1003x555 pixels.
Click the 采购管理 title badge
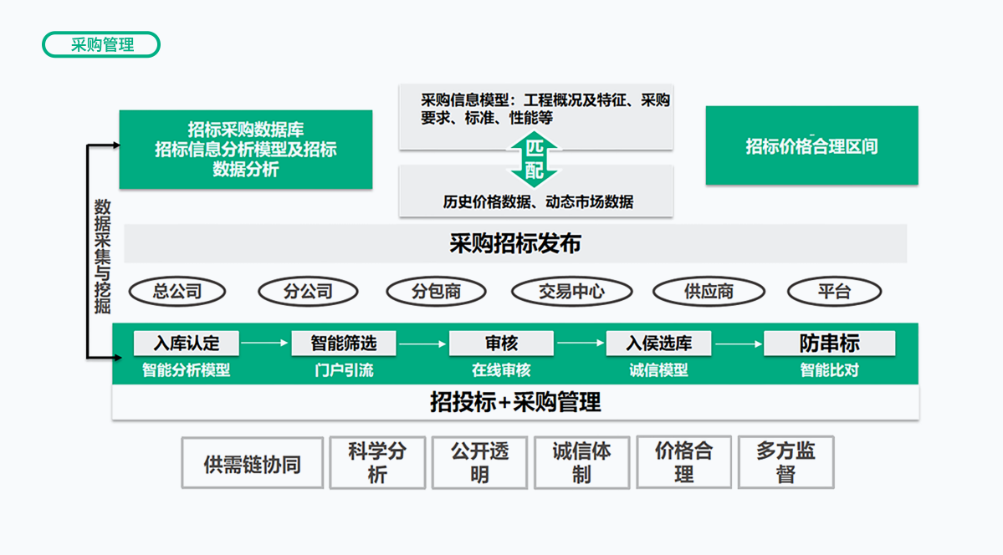[x=101, y=45]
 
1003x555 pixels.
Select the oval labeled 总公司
[x=177, y=292]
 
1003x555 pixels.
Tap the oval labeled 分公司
[x=308, y=292]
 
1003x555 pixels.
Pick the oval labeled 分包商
[x=437, y=292]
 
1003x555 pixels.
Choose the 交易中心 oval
[x=571, y=292]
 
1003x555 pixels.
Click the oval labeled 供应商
[x=709, y=292]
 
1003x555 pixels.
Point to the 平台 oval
[x=834, y=292]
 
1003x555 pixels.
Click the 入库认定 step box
[x=186, y=343]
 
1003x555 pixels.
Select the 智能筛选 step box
[x=343, y=343]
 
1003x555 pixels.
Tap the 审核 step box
[x=501, y=343]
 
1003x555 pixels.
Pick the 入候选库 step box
[x=659, y=343]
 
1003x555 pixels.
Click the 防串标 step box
[x=829, y=343]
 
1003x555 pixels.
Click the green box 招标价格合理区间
[x=811, y=146]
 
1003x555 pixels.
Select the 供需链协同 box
[x=253, y=463]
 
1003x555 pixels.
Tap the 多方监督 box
[x=786, y=463]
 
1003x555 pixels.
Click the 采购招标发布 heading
[x=515, y=244]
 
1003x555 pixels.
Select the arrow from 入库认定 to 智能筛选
[x=264, y=343]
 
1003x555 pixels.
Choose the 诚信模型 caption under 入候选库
[x=659, y=369]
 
